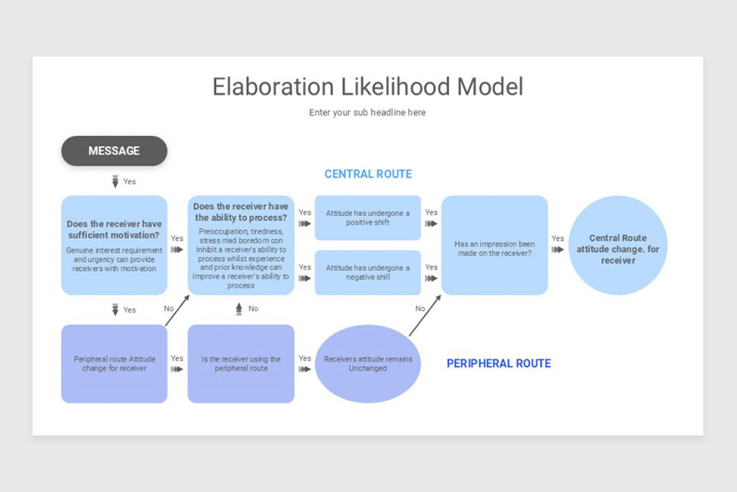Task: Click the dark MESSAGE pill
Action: pyautogui.click(x=114, y=151)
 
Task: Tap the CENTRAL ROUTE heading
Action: pyautogui.click(x=368, y=174)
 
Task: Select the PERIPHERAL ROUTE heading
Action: pyautogui.click(x=499, y=363)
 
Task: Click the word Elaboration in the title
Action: pyautogui.click(x=273, y=87)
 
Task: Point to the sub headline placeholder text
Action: pyautogui.click(x=367, y=113)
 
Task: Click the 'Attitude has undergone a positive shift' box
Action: pyautogui.click(x=368, y=218)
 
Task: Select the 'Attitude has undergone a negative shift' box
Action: pyautogui.click(x=368, y=272)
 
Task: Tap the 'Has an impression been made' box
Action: pyautogui.click(x=494, y=245)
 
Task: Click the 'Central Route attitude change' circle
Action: pyautogui.click(x=618, y=245)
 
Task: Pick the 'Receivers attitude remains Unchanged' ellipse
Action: pyautogui.click(x=368, y=364)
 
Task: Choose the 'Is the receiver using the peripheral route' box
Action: pyautogui.click(x=241, y=364)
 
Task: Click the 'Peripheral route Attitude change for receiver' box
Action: pyautogui.click(x=114, y=364)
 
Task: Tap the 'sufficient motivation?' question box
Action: pyautogui.click(x=114, y=245)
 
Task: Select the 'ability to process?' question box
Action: pyautogui.click(x=241, y=245)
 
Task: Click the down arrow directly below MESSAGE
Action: pyautogui.click(x=115, y=181)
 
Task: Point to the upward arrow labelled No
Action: pyautogui.click(x=239, y=309)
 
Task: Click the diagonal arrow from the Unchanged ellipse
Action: pyautogui.click(x=425, y=315)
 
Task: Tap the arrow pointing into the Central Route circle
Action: pyautogui.click(x=558, y=250)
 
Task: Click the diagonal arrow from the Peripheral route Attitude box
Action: pyautogui.click(x=177, y=311)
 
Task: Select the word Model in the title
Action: pyautogui.click(x=490, y=87)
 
